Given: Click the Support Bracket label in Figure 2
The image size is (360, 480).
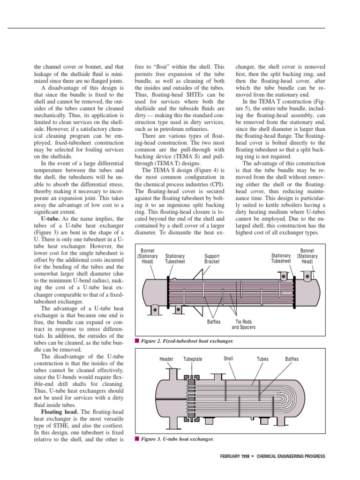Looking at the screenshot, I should (x=212, y=259).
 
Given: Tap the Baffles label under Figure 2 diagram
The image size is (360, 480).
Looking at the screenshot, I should (x=214, y=322).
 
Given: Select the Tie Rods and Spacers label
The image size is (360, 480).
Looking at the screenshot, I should (x=244, y=324).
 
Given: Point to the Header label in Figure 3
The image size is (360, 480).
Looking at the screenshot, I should (x=166, y=360).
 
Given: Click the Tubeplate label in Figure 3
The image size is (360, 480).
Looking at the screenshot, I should (x=193, y=360).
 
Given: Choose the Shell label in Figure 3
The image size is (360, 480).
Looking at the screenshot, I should (x=228, y=359).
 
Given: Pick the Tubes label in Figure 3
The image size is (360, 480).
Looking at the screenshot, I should (x=262, y=360).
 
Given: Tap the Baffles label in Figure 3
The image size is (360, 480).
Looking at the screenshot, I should (x=292, y=360).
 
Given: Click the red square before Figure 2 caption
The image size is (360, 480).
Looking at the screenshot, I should (x=137, y=341).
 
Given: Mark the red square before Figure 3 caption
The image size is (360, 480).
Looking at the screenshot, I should (x=137, y=439).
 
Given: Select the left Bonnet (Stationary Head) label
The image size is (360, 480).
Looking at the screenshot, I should (x=147, y=256).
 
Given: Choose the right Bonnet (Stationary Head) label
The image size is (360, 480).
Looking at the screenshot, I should (x=307, y=256).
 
